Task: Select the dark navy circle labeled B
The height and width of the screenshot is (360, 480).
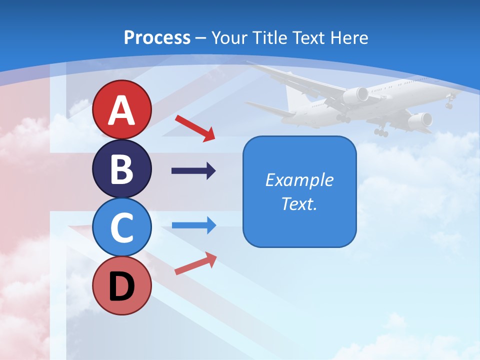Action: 122,168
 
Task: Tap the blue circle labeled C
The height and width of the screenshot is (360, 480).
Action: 122,227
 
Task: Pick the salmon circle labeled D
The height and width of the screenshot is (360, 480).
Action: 122,285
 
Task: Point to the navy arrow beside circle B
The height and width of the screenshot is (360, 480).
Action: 193,171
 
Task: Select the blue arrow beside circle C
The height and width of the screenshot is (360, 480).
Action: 194,225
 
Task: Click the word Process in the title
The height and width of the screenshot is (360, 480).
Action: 157,37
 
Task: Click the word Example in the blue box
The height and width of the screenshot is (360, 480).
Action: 299,180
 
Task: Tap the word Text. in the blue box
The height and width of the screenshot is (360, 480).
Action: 299,203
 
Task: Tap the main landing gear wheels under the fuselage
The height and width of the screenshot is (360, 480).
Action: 381,131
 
